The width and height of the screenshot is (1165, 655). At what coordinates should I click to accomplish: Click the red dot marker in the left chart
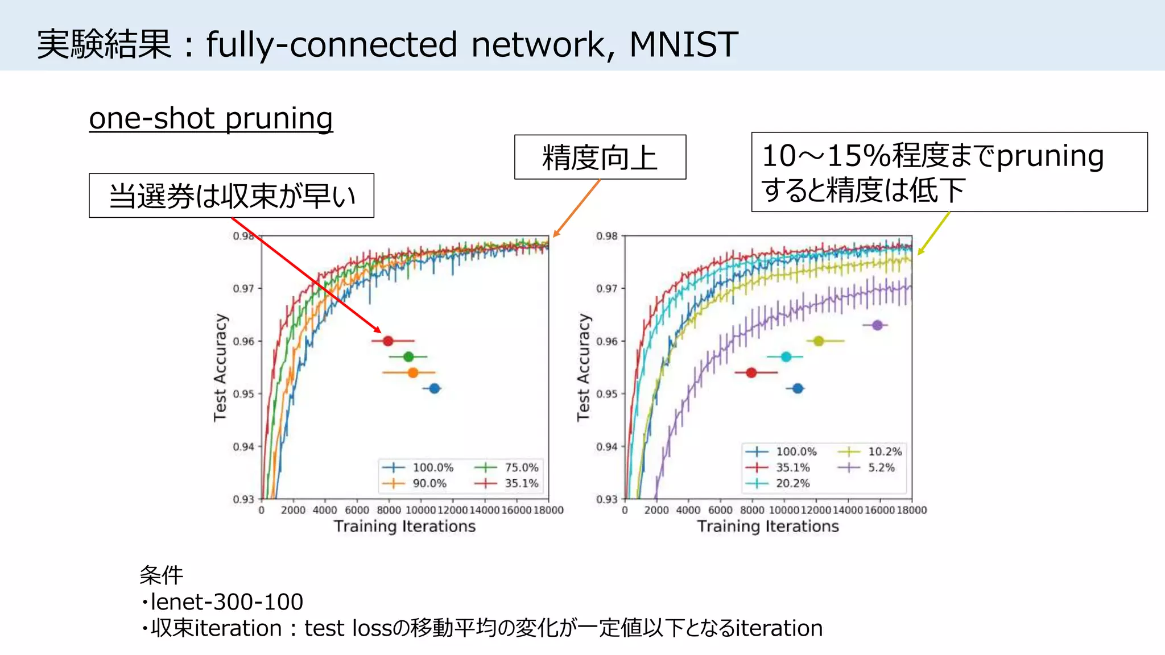click(388, 341)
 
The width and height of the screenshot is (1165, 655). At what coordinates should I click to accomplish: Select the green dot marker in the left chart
click(408, 357)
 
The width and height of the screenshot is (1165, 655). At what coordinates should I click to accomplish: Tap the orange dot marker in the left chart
click(413, 373)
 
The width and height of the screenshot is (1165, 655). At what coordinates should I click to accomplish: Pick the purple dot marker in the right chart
click(877, 325)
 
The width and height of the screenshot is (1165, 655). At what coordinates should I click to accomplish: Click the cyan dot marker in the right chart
click(786, 357)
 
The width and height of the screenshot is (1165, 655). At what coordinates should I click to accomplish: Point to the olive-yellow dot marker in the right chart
click(819, 341)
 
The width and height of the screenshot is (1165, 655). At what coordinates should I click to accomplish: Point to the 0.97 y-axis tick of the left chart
click(243, 289)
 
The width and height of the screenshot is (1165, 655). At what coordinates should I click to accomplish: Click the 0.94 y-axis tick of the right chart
click(606, 447)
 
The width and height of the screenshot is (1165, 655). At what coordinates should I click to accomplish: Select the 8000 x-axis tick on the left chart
click(389, 510)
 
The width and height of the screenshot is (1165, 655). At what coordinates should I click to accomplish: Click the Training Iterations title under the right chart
click(768, 527)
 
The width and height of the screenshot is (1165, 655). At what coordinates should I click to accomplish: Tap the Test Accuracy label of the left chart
click(220, 367)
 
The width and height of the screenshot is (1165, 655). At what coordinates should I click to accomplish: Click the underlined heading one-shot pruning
click(211, 119)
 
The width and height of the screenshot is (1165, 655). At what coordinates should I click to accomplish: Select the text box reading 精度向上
click(600, 157)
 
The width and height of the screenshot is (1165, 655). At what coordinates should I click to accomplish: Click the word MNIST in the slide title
click(683, 44)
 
